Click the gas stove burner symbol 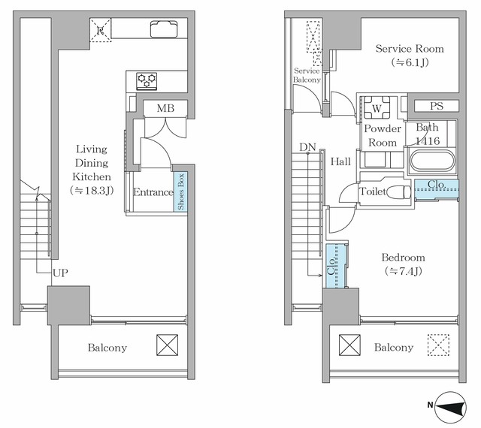[147, 81]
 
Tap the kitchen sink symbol [164, 29]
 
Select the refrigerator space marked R [100, 30]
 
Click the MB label [165, 108]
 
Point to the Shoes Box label [180, 192]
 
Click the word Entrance [153, 192]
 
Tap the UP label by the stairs [60, 273]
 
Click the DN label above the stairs [307, 147]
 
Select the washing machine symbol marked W [377, 107]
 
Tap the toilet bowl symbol [398, 192]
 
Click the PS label [437, 106]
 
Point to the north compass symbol [449, 407]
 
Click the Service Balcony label [307, 75]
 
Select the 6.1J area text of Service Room [410, 62]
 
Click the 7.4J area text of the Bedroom [403, 271]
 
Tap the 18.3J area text [92, 191]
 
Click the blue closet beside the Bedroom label [335, 266]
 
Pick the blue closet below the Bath [436, 189]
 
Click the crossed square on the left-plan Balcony [167, 345]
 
